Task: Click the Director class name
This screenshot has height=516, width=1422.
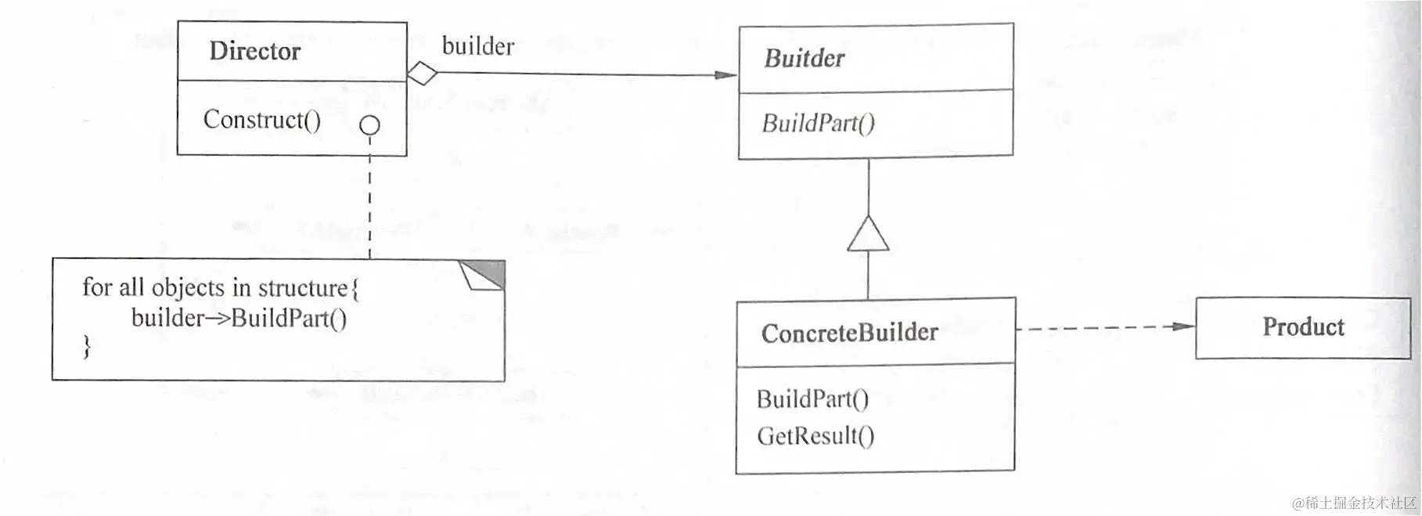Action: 254,51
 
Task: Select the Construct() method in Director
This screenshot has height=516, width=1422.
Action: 261,120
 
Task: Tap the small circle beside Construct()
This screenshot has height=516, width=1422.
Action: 369,125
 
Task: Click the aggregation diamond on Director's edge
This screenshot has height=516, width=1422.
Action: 423,74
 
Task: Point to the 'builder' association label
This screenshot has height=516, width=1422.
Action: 477,46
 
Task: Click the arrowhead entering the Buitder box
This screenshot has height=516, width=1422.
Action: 726,75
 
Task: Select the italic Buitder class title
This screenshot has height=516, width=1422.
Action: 804,58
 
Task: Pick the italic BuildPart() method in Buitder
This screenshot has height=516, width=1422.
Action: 818,123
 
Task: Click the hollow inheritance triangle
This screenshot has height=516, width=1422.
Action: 868,235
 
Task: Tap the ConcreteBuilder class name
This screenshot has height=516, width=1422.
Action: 849,333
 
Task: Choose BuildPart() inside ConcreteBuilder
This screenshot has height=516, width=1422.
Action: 812,399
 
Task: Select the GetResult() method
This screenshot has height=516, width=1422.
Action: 815,435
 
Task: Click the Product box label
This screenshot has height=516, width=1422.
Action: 1303,327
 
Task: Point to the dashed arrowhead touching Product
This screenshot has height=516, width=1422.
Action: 1184,327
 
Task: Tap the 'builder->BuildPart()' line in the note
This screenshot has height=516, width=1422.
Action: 239,318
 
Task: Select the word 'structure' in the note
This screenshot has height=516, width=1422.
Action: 303,288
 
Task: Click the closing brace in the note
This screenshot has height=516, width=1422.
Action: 87,346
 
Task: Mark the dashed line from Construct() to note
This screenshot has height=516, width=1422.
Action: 369,204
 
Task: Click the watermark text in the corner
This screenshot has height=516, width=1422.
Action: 1353,503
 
